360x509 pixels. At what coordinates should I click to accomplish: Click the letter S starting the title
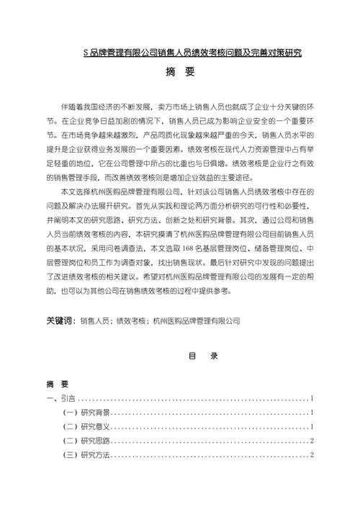[86, 53]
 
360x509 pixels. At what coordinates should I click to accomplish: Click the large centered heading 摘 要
[180, 72]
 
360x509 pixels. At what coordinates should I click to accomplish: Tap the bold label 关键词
[60, 321]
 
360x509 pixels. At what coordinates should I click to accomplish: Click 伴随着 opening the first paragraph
[75, 106]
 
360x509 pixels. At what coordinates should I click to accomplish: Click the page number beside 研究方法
[311, 454]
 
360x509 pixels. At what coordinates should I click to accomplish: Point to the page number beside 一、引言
[311, 398]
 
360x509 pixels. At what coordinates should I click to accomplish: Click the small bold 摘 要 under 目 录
[58, 384]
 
